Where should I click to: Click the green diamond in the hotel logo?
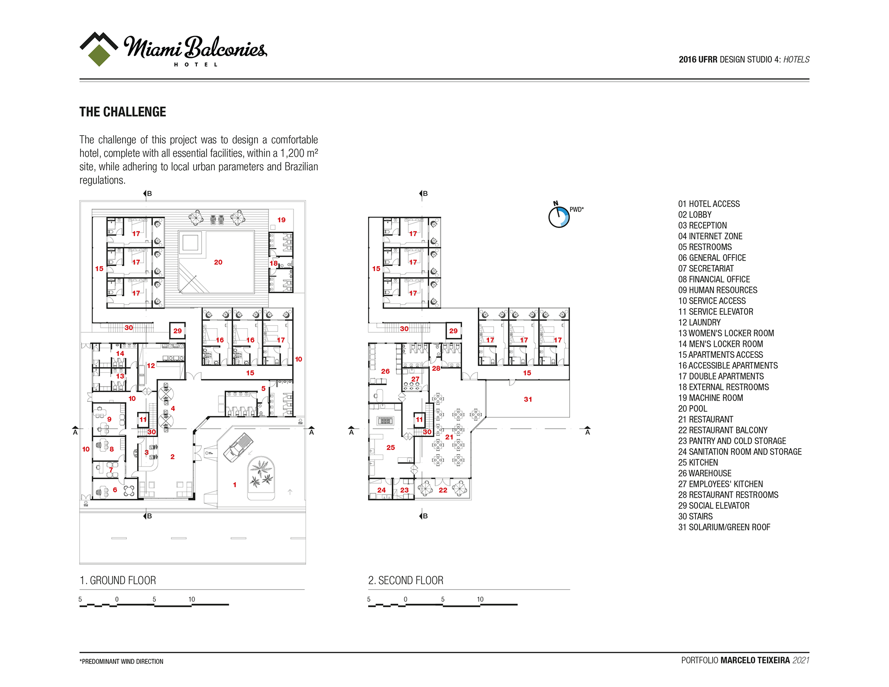point(99,55)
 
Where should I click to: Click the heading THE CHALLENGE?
point(123,112)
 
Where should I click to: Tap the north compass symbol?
point(559,217)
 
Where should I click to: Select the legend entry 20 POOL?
point(693,409)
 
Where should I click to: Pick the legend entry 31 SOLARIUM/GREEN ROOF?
point(724,527)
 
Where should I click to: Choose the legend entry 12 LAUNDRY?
point(700,323)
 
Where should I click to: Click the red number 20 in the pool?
point(218,262)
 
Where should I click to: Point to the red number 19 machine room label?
point(282,220)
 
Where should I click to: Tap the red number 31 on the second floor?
point(528,399)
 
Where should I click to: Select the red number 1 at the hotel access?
point(235,485)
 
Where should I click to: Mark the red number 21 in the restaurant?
point(449,437)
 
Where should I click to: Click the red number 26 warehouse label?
point(385,371)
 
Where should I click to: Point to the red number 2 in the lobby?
point(172,457)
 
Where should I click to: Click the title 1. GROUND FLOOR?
point(118,581)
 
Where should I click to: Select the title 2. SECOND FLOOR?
point(406,581)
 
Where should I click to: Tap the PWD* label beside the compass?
point(576,210)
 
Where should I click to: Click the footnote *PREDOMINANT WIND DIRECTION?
point(121,662)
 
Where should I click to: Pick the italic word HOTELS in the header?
point(796,60)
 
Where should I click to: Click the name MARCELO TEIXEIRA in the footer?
point(755,660)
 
